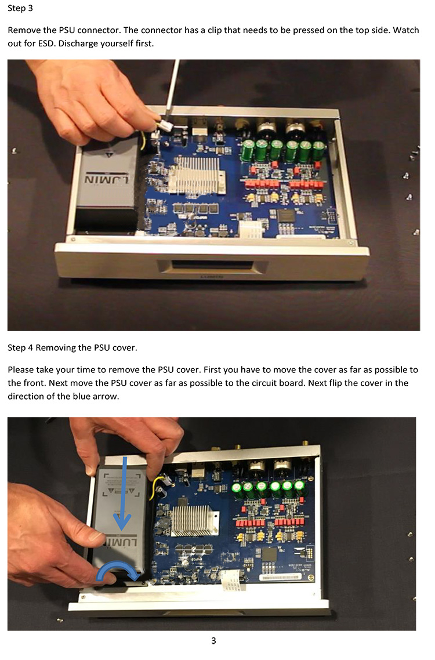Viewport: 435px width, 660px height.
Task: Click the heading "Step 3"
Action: pyautogui.click(x=20, y=8)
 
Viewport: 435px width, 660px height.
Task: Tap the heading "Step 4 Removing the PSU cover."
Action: pyautogui.click(x=72, y=347)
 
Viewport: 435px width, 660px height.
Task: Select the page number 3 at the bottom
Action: pyautogui.click(x=213, y=641)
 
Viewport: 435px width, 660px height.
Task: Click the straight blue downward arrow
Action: pyautogui.click(x=122, y=492)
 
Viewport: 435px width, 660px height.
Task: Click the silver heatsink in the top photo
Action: pyautogui.click(x=197, y=175)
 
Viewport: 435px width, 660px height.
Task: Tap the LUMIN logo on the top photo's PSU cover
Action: pyautogui.click(x=107, y=180)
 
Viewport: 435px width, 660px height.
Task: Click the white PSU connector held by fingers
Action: pyautogui.click(x=165, y=125)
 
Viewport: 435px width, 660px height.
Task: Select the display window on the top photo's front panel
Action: pyautogui.click(x=212, y=266)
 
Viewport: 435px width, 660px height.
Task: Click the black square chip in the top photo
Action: pyautogui.click(x=287, y=216)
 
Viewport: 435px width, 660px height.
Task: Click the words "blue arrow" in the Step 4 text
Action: pyautogui.click(x=97, y=397)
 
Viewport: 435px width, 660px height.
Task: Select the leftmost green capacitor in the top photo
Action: pyautogui.click(x=247, y=151)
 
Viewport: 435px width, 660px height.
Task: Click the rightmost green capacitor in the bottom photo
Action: pyautogui.click(x=299, y=489)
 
